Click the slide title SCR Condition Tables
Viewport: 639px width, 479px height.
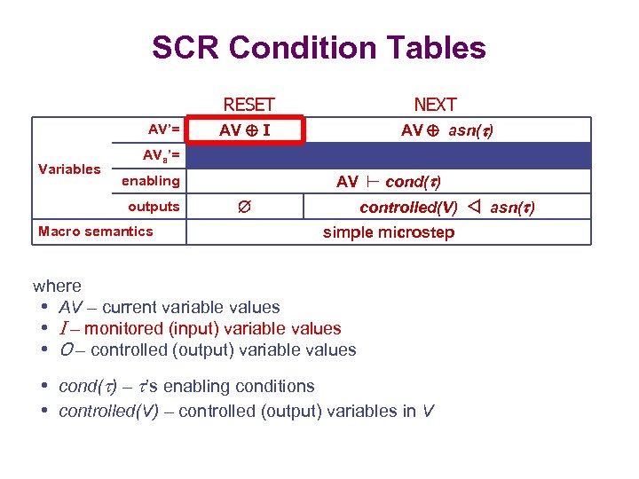319,47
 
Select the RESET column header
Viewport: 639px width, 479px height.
248,105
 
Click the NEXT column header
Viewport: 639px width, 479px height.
435,105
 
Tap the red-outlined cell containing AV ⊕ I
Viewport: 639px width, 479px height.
246,130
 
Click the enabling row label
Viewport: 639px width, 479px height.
150,181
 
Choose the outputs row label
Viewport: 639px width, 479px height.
154,207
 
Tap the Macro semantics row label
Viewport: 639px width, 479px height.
96,232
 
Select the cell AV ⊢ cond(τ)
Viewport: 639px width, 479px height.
389,182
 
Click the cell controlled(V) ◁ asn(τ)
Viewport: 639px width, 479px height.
446,208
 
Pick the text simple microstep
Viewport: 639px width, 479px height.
388,232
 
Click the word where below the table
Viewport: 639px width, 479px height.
57,286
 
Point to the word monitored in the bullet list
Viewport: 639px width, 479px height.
119,328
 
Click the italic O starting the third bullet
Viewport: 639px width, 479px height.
65,349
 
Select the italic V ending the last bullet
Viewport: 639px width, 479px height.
429,411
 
